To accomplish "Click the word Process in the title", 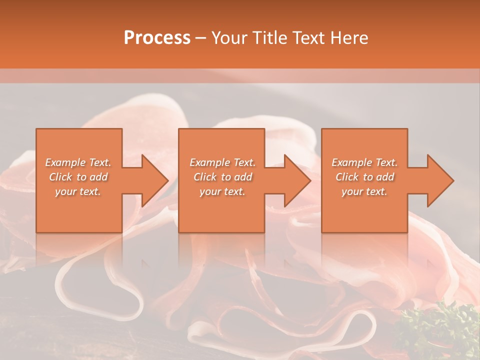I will [x=157, y=38].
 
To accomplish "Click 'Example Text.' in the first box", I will [x=78, y=162].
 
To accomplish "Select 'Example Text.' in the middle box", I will [x=222, y=162].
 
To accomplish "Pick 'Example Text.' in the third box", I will [x=364, y=162].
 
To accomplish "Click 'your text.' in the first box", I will [x=78, y=191].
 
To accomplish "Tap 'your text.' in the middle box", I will [x=222, y=191].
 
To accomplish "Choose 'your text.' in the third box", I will [x=364, y=191].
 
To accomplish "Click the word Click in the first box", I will [x=60, y=177].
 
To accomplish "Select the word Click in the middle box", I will [x=205, y=177].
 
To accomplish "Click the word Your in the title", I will [x=228, y=38].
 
